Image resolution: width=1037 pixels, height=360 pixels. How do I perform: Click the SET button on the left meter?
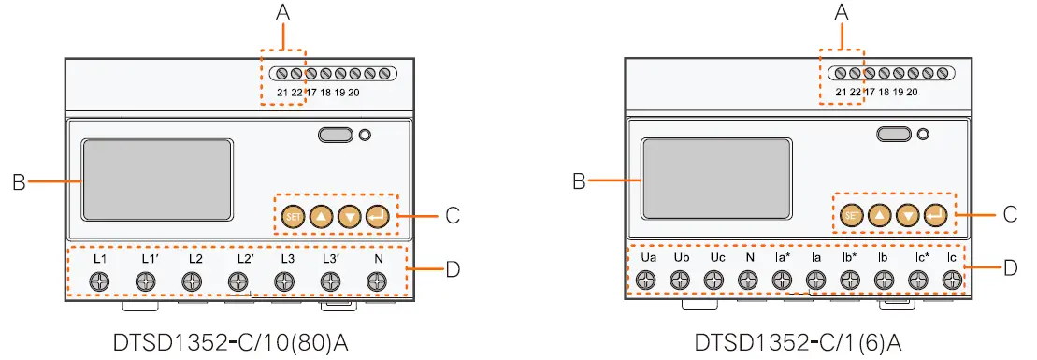pyautogui.click(x=292, y=216)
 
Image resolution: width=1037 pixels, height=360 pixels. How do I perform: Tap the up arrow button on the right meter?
pyautogui.click(x=879, y=216)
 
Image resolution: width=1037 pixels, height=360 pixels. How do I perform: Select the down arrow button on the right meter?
pyautogui.click(x=907, y=216)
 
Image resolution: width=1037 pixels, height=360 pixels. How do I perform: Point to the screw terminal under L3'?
pyautogui.click(x=330, y=281)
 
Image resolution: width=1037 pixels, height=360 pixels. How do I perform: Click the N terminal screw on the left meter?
pyautogui.click(x=377, y=281)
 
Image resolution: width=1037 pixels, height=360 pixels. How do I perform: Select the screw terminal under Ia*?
pyautogui.click(x=782, y=280)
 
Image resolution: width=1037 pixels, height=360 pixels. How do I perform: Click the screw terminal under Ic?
pyautogui.click(x=951, y=280)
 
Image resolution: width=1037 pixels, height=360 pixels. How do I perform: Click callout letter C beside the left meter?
pyautogui.click(x=453, y=216)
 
